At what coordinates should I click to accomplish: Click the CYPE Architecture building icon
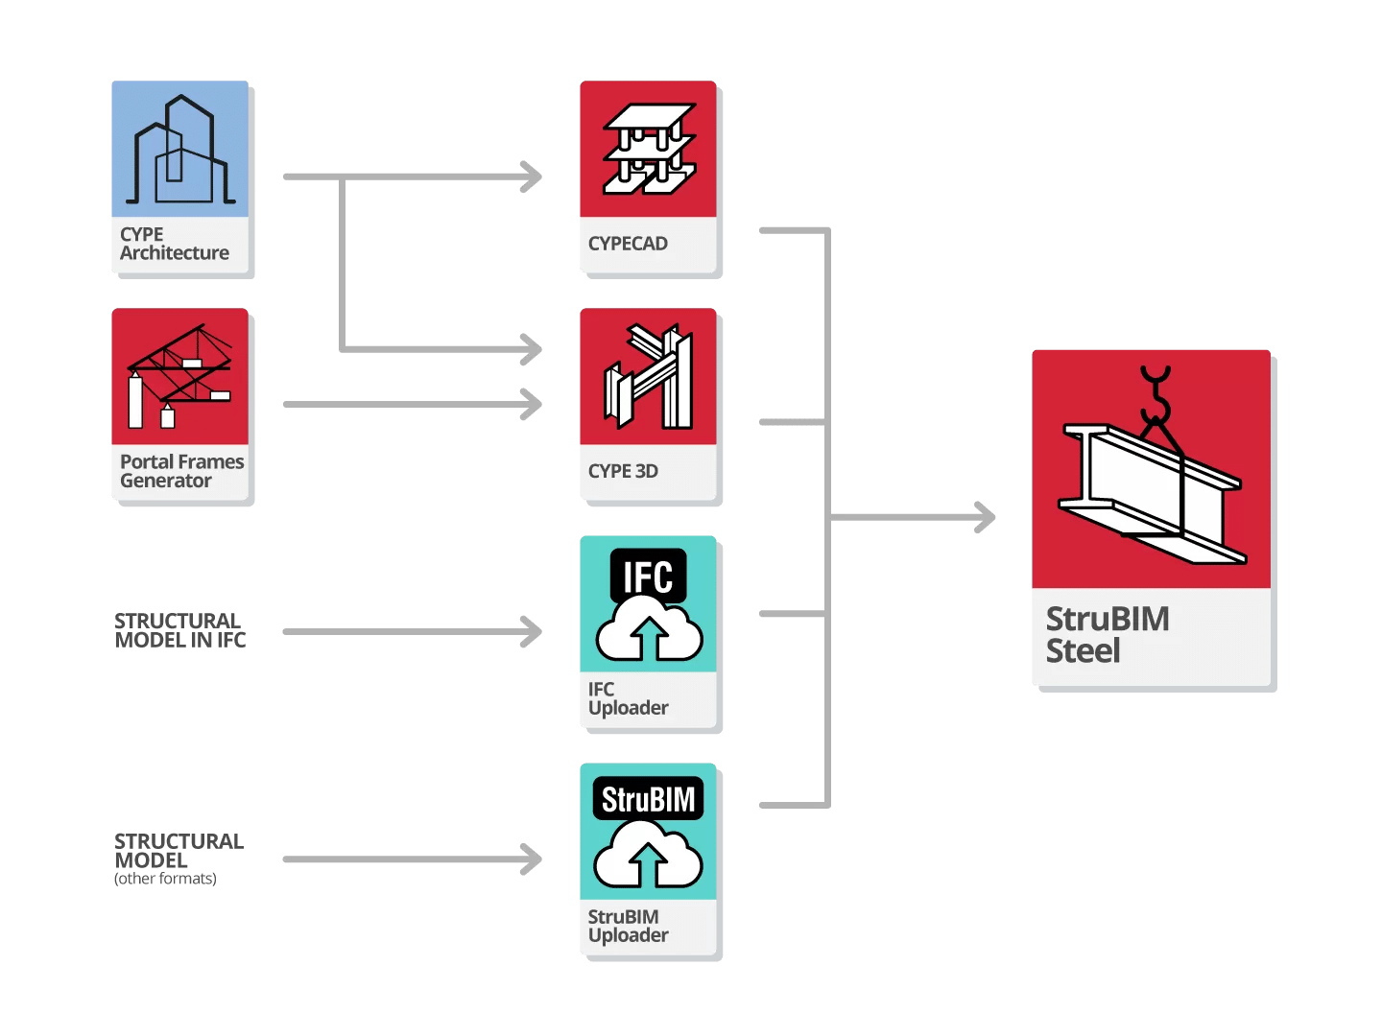(180, 151)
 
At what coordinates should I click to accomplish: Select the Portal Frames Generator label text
(180, 471)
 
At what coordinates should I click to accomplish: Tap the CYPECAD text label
(628, 244)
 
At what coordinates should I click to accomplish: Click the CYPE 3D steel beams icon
(649, 377)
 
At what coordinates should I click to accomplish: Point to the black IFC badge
(648, 576)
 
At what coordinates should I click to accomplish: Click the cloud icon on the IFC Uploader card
(649, 633)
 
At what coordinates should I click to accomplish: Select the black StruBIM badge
(648, 799)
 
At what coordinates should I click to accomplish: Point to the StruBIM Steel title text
(1107, 634)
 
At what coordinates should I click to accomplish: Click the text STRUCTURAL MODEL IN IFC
(179, 630)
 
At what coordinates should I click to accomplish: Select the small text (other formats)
(165, 879)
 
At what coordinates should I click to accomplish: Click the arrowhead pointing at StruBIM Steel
(985, 517)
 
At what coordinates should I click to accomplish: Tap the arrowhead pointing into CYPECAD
(531, 177)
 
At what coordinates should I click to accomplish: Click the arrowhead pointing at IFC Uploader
(531, 631)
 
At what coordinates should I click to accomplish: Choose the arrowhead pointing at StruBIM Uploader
(531, 859)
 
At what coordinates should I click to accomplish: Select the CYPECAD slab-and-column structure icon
(649, 149)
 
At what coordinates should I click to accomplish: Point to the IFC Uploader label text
(628, 698)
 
